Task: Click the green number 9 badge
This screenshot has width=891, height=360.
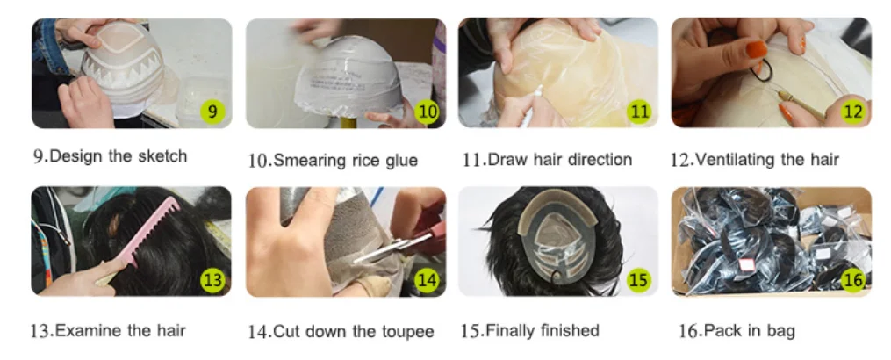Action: (212, 111)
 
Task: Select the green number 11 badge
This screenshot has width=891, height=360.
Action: (640, 112)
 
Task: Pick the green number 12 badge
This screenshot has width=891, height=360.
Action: (853, 112)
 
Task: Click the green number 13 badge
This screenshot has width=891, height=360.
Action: (212, 280)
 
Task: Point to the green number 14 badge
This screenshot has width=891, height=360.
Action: (427, 280)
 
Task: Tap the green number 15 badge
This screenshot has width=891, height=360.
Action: (639, 280)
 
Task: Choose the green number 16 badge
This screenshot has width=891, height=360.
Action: (853, 279)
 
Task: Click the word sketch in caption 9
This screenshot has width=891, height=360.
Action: (161, 155)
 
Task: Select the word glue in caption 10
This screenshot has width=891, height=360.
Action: (399, 161)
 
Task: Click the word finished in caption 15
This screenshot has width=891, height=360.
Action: (570, 330)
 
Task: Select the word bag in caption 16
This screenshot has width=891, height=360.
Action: (781, 331)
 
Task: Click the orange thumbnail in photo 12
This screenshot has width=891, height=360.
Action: (757, 49)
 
